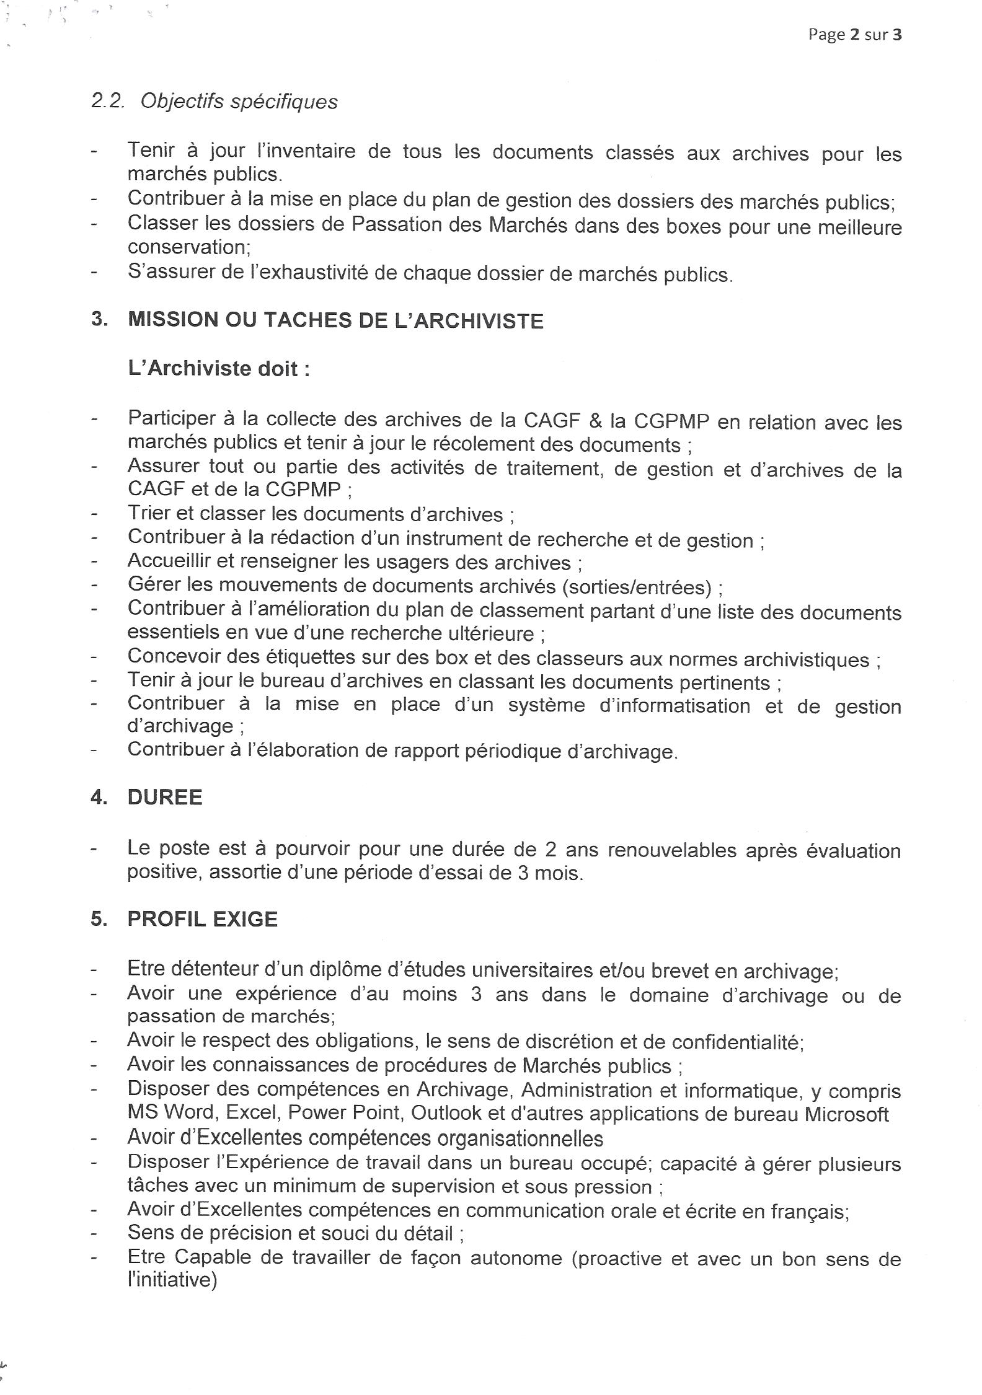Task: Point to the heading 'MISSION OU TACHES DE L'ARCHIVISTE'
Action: (x=335, y=321)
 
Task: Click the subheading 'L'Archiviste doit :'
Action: (x=218, y=369)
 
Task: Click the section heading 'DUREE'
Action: (x=165, y=798)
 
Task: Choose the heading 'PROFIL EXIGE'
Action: (x=202, y=919)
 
